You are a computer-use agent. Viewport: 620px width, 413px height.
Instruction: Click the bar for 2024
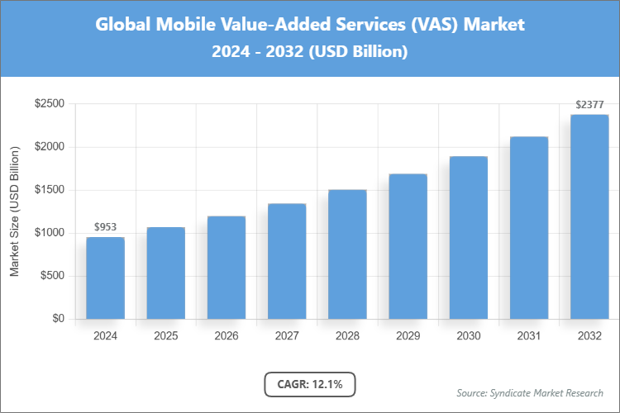(105, 278)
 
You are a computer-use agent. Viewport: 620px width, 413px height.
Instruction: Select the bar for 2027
(287, 261)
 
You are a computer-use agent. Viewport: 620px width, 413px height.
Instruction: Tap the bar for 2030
(468, 238)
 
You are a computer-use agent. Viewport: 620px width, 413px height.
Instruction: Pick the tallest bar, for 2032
(589, 216)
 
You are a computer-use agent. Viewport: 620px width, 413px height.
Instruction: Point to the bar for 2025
(165, 273)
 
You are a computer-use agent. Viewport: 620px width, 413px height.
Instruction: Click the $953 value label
(105, 226)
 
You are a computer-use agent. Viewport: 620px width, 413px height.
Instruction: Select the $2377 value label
(589, 104)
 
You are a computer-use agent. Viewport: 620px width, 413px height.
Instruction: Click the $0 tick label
(57, 319)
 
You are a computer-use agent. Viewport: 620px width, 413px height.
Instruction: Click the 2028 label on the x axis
(347, 336)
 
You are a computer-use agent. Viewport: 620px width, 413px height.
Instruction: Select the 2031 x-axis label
(528, 336)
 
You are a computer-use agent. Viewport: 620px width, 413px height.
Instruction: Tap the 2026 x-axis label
(226, 336)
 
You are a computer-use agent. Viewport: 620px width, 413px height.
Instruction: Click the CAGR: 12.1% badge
(309, 383)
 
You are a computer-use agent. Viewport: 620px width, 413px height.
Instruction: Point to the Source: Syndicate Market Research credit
(529, 392)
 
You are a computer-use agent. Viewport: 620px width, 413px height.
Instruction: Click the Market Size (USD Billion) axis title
(14, 212)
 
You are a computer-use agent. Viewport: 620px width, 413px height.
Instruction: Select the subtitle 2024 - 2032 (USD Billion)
(309, 51)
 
